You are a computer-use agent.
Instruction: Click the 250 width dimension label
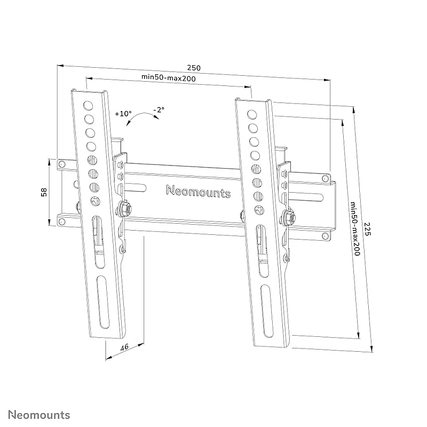click(194, 68)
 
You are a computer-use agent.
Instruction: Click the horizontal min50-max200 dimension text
click(168, 77)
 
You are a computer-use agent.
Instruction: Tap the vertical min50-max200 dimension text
click(355, 229)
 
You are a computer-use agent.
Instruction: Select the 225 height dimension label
click(367, 229)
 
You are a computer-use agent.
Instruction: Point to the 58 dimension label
click(44, 192)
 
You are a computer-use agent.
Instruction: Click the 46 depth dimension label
click(124, 347)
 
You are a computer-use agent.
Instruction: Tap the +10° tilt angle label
click(123, 114)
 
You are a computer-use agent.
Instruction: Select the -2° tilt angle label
click(159, 109)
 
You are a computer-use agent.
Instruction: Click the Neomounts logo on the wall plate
click(198, 191)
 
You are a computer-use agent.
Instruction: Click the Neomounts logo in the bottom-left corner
click(39, 415)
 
